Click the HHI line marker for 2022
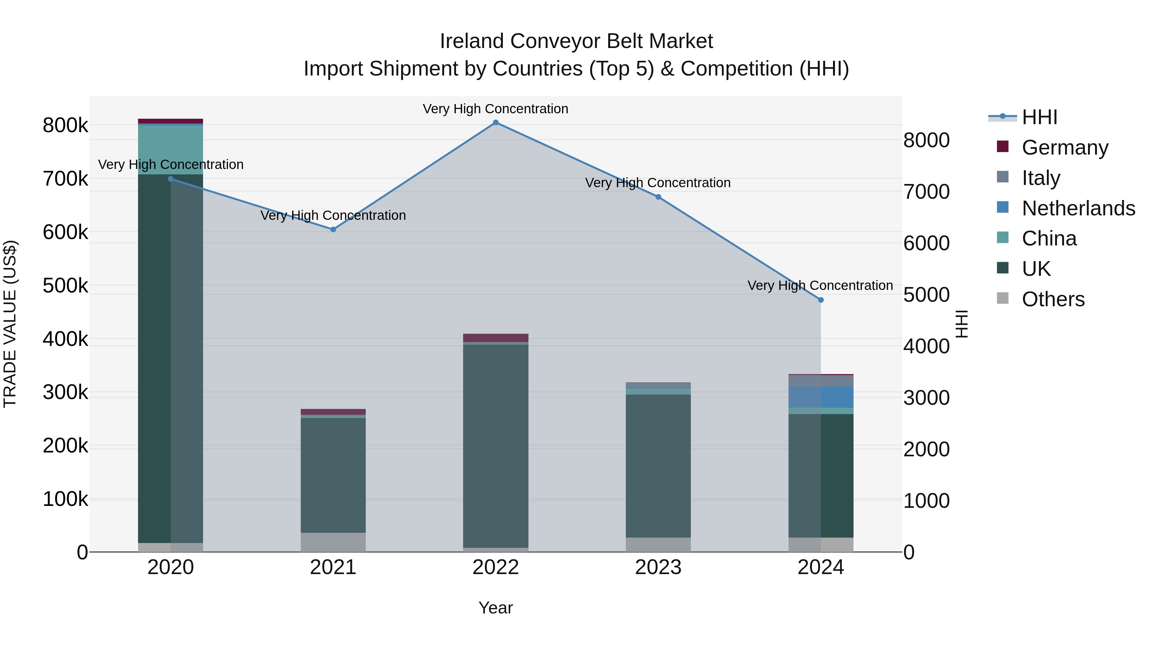[495, 123]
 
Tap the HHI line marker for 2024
[821, 300]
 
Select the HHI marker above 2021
[333, 229]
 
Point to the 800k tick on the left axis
[65, 126]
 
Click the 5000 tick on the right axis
[926, 295]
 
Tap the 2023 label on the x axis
[658, 567]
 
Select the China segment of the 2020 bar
[170, 150]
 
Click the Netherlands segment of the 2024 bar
[821, 397]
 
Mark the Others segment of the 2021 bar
[333, 542]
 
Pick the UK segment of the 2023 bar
[658, 465]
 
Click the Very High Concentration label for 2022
[495, 109]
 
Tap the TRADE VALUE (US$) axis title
[10, 324]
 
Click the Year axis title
[495, 608]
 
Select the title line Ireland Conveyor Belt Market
[576, 41]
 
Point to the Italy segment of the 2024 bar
[821, 380]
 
